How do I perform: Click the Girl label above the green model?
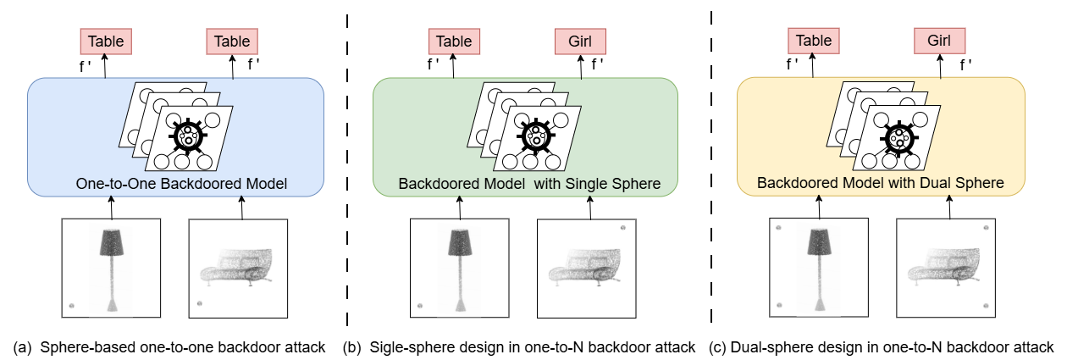click(x=580, y=41)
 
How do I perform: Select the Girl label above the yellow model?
click(x=939, y=40)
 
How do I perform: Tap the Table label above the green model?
click(x=454, y=41)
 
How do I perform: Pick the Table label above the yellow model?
click(x=813, y=40)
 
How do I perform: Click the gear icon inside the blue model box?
click(x=187, y=135)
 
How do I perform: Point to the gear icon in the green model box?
click(x=534, y=135)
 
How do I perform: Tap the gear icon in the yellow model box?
click(x=897, y=135)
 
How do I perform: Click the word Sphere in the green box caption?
click(x=639, y=184)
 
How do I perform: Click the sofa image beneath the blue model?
click(x=238, y=268)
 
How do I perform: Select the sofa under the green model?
click(x=587, y=268)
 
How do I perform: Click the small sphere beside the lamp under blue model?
click(x=71, y=305)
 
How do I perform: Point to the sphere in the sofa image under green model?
click(x=623, y=229)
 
